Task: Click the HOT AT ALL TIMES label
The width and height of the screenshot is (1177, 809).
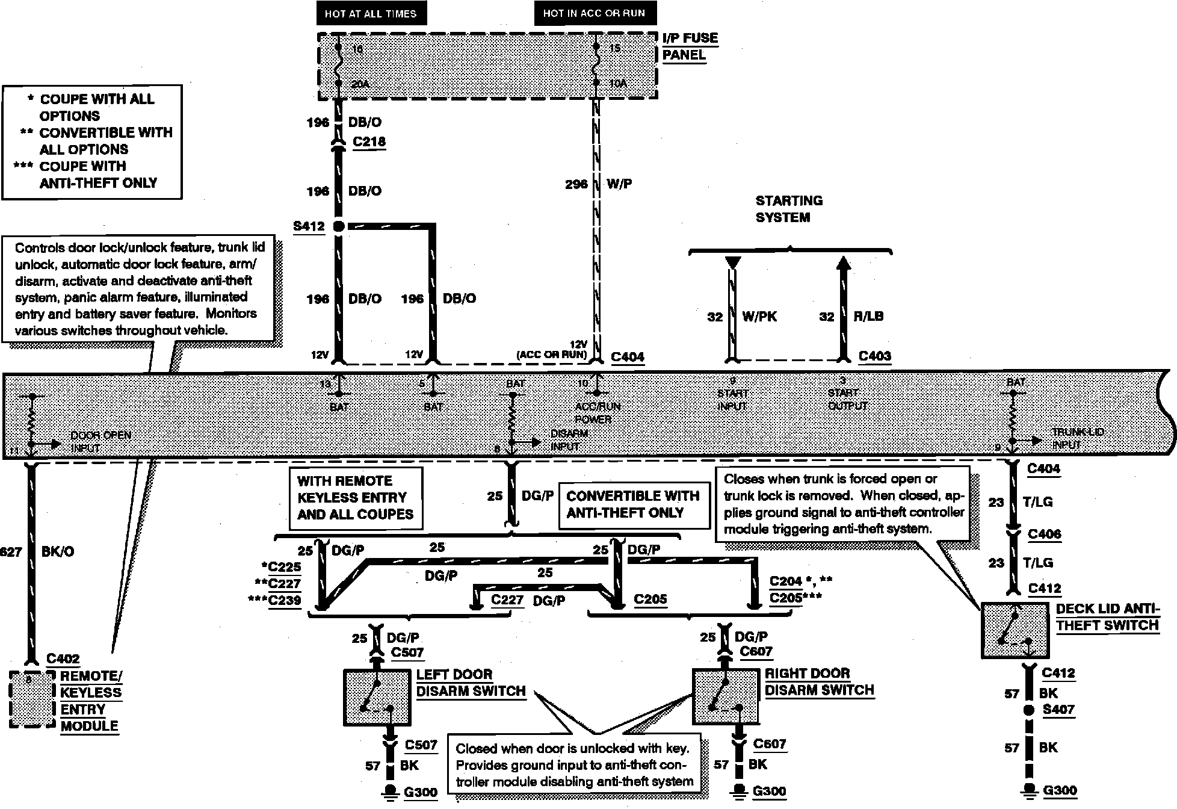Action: [371, 13]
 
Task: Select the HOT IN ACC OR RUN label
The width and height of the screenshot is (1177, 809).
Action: [594, 13]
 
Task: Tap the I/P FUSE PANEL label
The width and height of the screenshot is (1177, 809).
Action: [690, 46]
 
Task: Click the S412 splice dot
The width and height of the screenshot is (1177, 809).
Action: [338, 226]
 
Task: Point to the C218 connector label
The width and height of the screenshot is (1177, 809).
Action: [369, 142]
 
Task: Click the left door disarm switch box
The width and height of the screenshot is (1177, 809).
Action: [377, 697]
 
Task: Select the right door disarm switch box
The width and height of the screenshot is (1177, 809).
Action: [726, 696]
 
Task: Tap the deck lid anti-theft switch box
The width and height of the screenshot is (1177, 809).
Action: [1016, 630]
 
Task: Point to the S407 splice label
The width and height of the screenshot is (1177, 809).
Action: [1058, 710]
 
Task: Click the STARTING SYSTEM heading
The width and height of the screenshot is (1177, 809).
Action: [788, 209]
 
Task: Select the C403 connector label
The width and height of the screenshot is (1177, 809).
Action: [874, 356]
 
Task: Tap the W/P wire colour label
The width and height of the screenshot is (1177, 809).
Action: [619, 184]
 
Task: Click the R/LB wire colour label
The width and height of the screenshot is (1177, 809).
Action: [868, 317]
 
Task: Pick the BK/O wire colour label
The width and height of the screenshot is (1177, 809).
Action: [58, 551]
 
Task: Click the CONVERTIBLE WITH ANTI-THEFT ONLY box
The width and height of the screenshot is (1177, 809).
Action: [633, 504]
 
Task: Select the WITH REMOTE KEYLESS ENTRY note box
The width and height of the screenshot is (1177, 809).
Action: [355, 498]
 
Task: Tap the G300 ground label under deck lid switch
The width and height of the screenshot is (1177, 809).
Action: [1060, 790]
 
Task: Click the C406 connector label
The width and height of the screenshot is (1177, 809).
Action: [1044, 534]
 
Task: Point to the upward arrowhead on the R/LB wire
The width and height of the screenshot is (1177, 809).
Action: [843, 262]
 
